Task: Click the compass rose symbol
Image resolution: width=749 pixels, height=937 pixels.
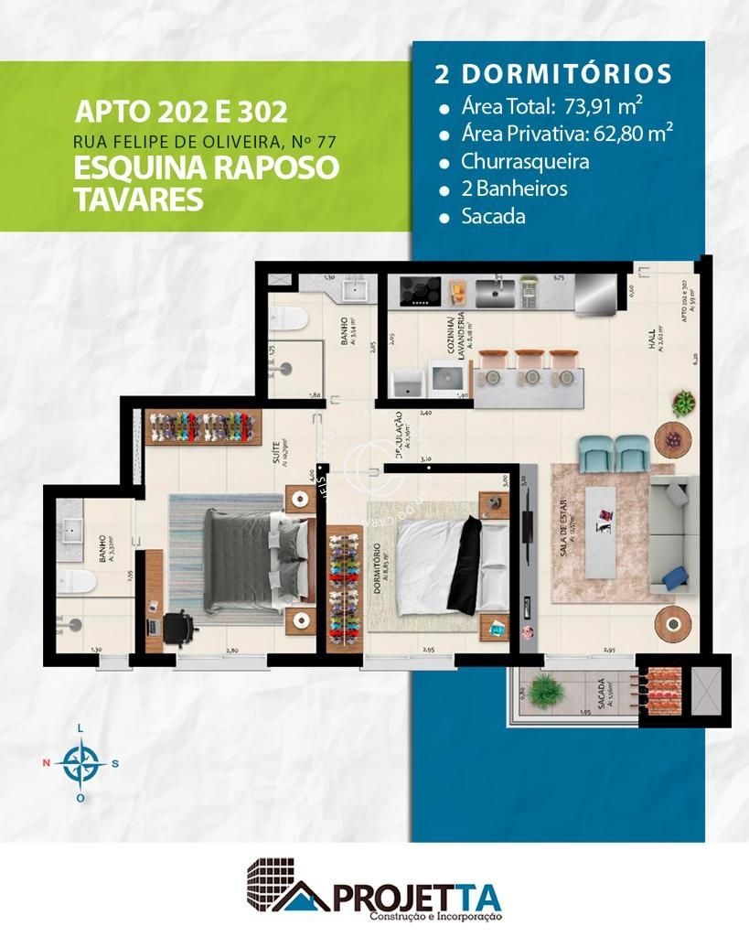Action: point(81,761)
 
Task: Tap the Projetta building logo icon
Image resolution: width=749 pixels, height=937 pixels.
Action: point(284,885)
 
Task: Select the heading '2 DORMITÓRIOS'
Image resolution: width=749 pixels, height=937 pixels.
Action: point(553,74)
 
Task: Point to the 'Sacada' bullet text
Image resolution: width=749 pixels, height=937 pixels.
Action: point(494,217)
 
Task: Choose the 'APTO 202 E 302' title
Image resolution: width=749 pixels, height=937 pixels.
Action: point(181,113)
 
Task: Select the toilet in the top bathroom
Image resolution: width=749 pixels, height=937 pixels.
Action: point(290,318)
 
